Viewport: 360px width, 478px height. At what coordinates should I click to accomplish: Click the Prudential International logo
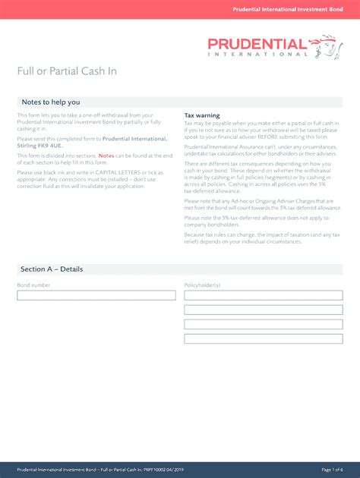tap(270, 46)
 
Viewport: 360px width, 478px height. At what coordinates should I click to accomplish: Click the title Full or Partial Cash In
tap(67, 71)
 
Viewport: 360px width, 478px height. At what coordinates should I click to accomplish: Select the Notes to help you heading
tap(50, 102)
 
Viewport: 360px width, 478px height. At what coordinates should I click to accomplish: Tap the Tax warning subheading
tap(202, 115)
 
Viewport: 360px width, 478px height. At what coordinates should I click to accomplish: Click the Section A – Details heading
tap(52, 269)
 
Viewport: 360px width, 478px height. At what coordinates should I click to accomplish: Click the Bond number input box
tap(96, 295)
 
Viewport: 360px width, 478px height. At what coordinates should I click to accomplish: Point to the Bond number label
tap(33, 285)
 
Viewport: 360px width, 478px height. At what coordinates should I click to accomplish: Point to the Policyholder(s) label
tap(202, 285)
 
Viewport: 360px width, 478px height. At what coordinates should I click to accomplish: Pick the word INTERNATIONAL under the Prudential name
tap(258, 54)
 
